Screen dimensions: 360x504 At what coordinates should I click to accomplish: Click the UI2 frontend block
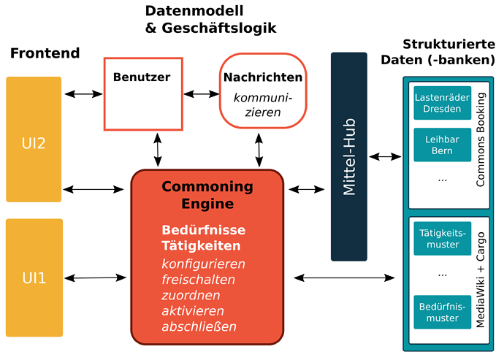coord(34,139)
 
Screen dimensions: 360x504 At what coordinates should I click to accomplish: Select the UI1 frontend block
coord(34,277)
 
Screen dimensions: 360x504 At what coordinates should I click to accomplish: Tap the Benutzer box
coord(142,93)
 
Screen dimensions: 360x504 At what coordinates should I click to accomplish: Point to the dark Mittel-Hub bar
coord(348,156)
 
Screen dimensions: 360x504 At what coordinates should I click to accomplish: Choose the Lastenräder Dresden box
coord(442,104)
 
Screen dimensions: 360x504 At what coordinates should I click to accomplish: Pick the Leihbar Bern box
coord(442,145)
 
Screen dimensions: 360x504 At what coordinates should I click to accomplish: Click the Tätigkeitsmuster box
coord(442,238)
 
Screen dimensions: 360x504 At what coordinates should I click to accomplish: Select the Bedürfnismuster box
coord(442,312)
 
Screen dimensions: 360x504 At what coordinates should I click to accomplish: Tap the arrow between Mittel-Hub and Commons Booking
coord(386,156)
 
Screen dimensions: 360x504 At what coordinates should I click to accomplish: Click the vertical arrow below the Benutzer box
coord(158,150)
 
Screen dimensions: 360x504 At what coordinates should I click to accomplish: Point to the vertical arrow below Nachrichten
coord(259,150)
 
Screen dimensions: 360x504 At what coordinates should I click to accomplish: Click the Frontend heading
coord(45,53)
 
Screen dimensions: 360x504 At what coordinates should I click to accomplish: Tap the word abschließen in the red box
coord(199,326)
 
